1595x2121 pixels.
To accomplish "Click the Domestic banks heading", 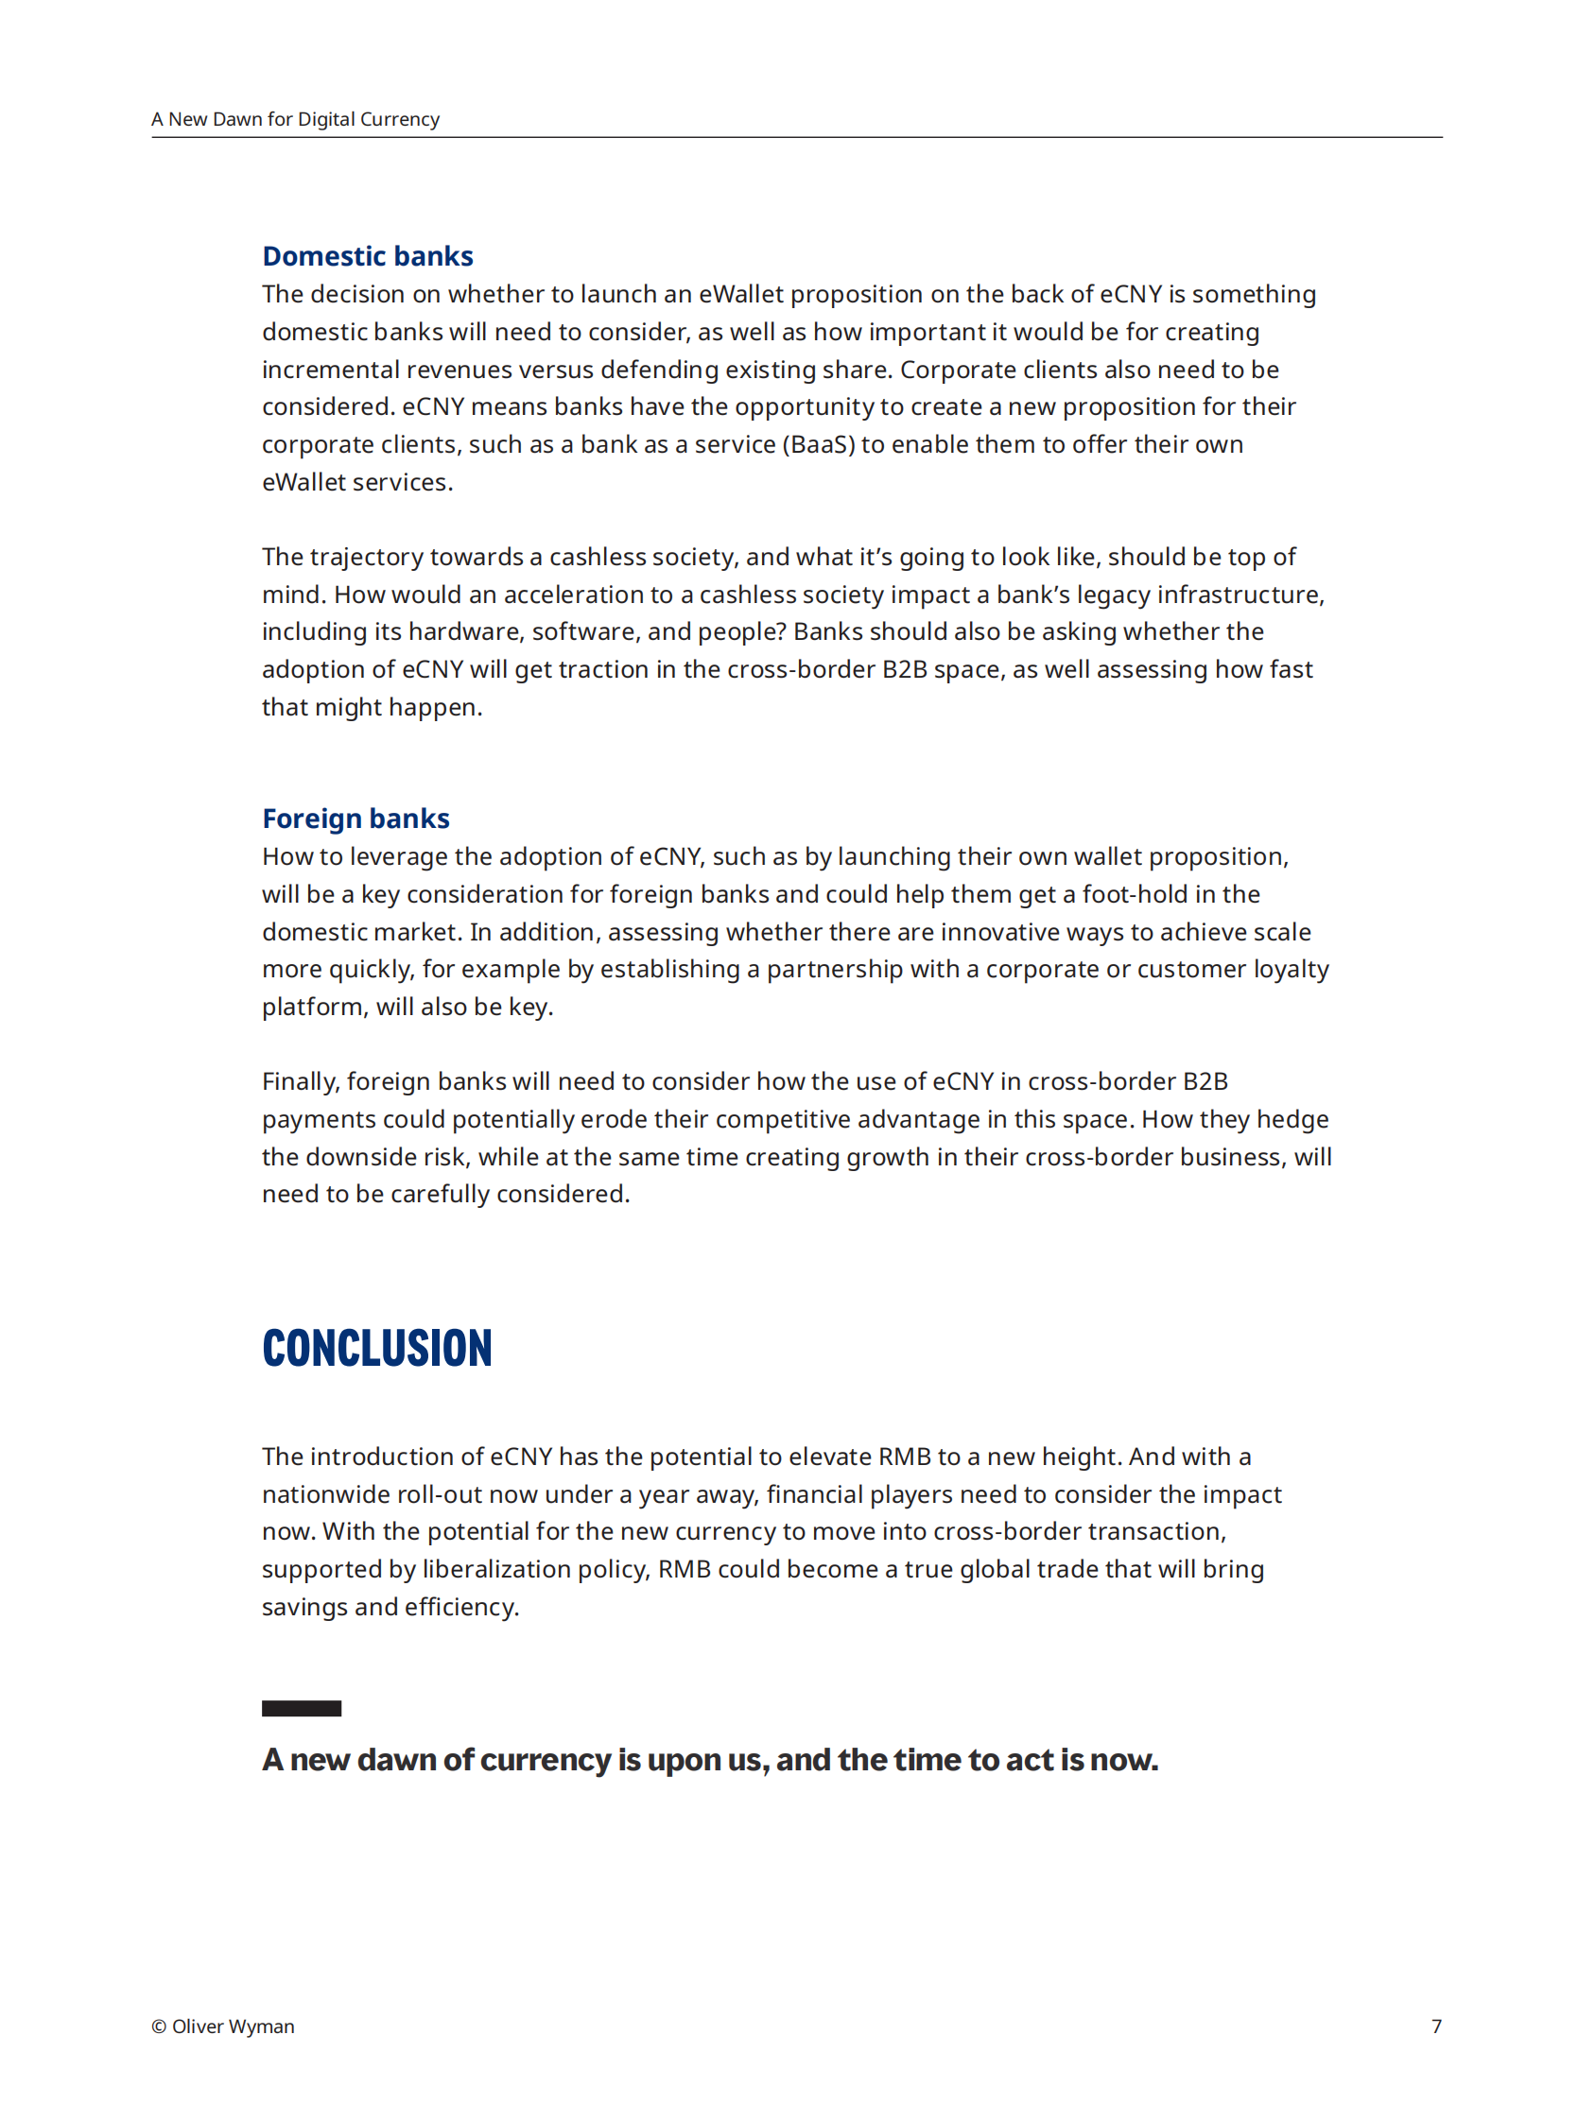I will (368, 256).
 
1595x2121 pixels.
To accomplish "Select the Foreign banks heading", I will (355, 818).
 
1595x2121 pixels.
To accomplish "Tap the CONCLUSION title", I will (377, 1347).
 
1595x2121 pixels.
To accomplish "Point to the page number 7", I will (1436, 2026).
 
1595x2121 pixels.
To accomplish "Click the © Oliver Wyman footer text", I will (222, 2026).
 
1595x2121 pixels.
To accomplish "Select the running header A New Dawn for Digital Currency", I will (295, 119).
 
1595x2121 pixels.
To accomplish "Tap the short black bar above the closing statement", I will (302, 1708).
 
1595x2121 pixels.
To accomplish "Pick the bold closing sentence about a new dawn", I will (710, 1760).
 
